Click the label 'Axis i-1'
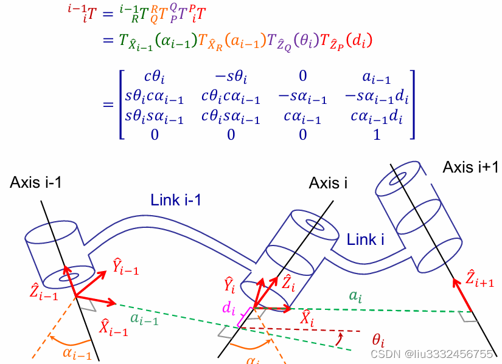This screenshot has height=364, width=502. [35, 182]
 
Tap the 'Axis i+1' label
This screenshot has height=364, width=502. [470, 167]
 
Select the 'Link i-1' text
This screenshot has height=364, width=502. [176, 200]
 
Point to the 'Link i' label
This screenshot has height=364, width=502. [365, 239]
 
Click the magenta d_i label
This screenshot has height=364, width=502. [229, 308]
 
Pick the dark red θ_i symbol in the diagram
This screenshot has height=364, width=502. [378, 340]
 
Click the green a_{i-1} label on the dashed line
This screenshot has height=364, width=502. [144, 318]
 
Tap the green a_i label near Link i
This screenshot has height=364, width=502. [355, 296]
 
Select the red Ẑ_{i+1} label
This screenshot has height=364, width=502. [479, 278]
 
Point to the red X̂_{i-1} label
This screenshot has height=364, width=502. [113, 326]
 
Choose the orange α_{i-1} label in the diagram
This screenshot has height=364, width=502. [77, 353]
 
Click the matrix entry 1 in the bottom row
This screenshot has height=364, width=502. [377, 135]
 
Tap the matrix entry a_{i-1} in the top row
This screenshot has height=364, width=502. [377, 77]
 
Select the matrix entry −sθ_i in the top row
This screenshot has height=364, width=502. [231, 77]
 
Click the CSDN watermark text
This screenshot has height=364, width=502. [431, 354]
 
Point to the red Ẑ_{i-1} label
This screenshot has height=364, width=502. [44, 292]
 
